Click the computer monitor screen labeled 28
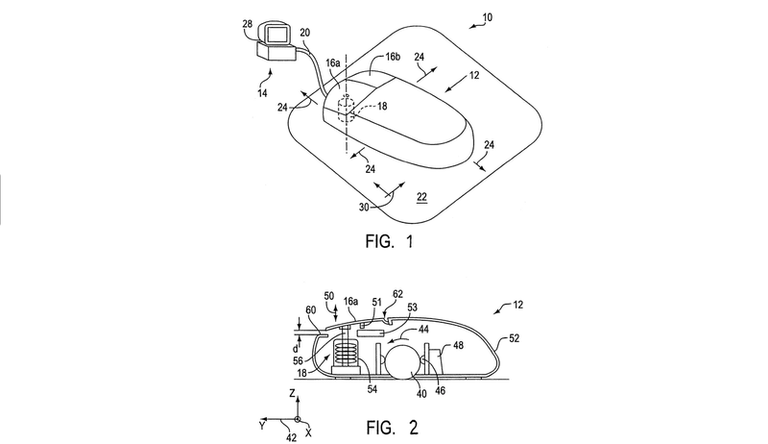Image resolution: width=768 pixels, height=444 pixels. pyautogui.click(x=277, y=35)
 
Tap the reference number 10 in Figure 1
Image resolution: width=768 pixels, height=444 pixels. pyautogui.click(x=487, y=17)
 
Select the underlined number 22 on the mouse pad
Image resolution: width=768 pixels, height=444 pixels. pyautogui.click(x=421, y=197)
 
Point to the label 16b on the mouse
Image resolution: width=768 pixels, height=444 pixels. pyautogui.click(x=393, y=57)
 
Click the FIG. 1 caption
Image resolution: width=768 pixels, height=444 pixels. pyautogui.click(x=390, y=241)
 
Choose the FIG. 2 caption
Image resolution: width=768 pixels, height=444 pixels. pyautogui.click(x=392, y=428)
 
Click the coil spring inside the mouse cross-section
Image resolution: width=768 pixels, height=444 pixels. pyautogui.click(x=346, y=354)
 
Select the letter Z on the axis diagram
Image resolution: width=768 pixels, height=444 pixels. pyautogui.click(x=293, y=392)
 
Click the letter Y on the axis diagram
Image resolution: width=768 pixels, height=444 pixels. pyautogui.click(x=262, y=426)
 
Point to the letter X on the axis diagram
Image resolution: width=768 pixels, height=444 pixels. pyautogui.click(x=308, y=432)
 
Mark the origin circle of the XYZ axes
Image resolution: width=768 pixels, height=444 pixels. pyautogui.click(x=297, y=420)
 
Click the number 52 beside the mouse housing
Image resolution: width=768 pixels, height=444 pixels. pyautogui.click(x=514, y=338)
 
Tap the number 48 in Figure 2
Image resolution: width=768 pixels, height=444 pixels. pyautogui.click(x=458, y=346)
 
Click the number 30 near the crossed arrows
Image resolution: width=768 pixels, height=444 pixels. pyautogui.click(x=364, y=208)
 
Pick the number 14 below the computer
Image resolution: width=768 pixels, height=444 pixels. pyautogui.click(x=262, y=92)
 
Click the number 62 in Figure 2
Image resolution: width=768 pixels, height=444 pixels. pyautogui.click(x=397, y=294)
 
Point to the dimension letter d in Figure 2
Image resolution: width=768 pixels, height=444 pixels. pyautogui.click(x=296, y=349)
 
